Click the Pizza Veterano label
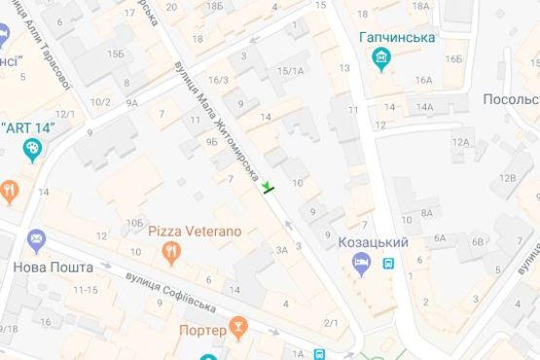pos(195,232)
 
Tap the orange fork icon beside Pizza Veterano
pos(172,252)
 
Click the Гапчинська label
pos(396,37)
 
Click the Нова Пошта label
pos(54,267)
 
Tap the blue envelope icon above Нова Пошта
pos(36,239)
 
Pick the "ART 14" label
pos(29,126)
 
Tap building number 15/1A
pos(289,70)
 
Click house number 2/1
pos(331,323)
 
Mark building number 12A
pos(459,142)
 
